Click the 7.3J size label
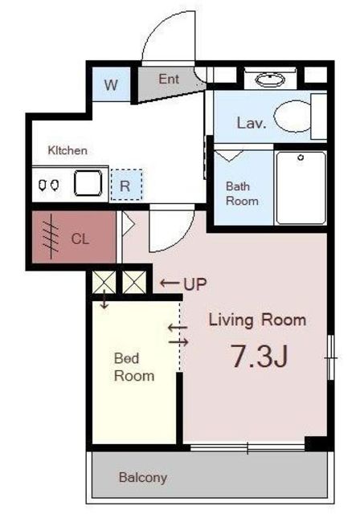tap(260, 357)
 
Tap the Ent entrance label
tap(169, 79)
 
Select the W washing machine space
tap(111, 84)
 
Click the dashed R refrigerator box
tap(126, 185)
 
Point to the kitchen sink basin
tap(88, 183)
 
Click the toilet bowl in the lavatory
tap(292, 116)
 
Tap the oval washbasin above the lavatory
tap(270, 80)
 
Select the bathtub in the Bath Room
tap(301, 188)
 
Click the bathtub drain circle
tap(301, 157)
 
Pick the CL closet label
tap(80, 239)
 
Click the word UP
tap(195, 284)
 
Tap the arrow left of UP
tap(170, 284)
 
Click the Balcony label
tap(143, 478)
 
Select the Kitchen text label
tap(67, 150)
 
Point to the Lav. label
tap(252, 123)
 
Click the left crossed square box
tap(104, 282)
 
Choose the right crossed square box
tap(134, 282)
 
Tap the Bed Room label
tap(134, 367)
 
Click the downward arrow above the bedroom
tap(104, 299)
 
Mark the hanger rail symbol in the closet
tap(51, 236)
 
